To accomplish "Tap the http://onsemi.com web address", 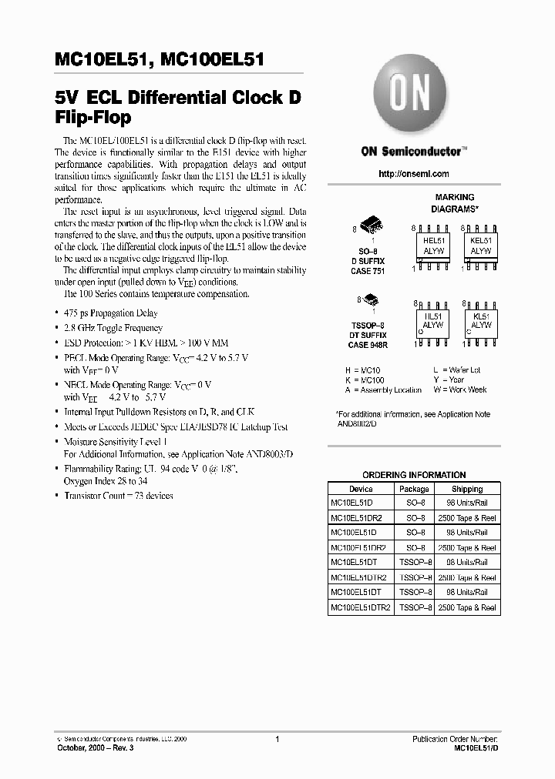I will pos(414,174).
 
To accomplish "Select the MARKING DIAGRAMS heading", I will pos(454,203).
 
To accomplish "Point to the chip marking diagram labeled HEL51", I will pos(434,246).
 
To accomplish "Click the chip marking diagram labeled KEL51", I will pos(481,246).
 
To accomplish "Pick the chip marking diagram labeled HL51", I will pos(434,321).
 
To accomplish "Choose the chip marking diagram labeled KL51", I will pos(481,321).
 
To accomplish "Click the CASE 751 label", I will pos(368,270).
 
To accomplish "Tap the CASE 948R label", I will pos(368,346).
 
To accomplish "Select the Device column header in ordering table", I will pos(361,489).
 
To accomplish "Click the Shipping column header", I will pos(467,489).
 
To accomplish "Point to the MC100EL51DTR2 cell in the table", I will pos(361,607).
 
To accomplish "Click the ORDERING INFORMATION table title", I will pos(414,475).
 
